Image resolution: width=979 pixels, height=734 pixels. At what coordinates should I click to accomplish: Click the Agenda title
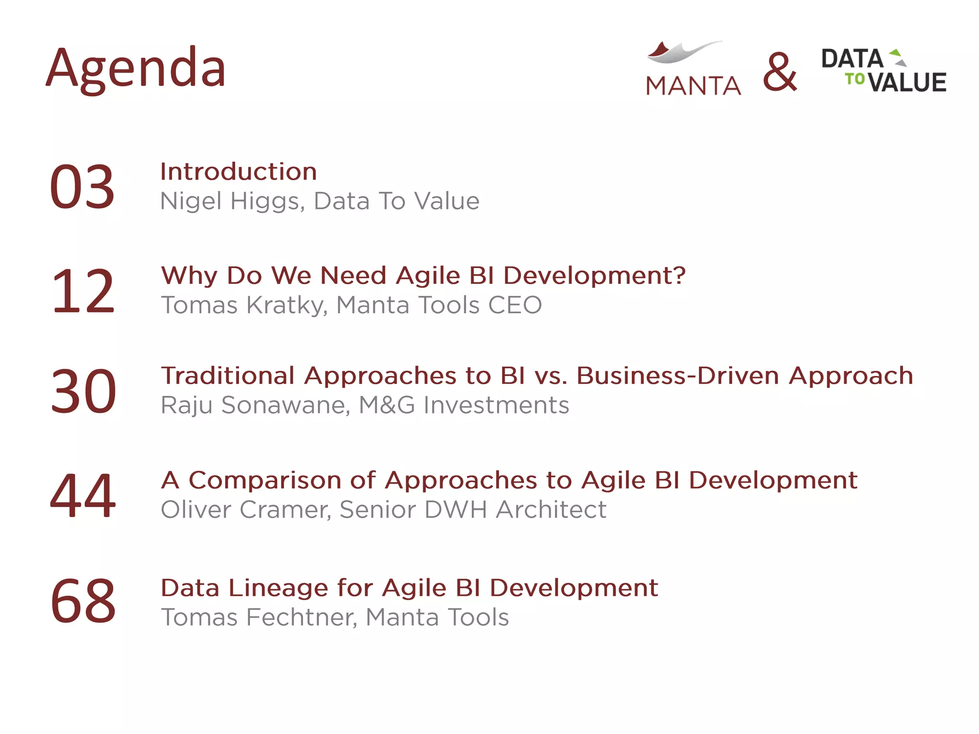pos(136,68)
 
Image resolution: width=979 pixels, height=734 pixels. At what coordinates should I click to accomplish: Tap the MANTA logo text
pos(693,86)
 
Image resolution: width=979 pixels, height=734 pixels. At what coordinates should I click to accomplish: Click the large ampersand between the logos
pos(780,72)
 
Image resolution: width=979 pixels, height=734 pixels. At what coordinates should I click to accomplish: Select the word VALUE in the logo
pos(907,82)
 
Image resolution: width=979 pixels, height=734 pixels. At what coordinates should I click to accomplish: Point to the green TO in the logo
pos(855,78)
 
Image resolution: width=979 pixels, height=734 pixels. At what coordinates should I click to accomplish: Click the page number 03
pos(82,187)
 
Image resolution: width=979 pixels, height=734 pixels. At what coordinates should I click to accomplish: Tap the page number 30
pos(83,391)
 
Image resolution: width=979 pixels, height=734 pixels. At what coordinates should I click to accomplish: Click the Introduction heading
pos(239,172)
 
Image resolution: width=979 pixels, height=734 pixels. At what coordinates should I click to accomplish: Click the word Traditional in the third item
pos(228,376)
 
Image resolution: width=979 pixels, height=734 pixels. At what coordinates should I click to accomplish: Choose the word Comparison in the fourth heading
pos(265,480)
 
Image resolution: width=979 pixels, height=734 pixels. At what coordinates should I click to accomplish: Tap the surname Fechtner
pos(302,617)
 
